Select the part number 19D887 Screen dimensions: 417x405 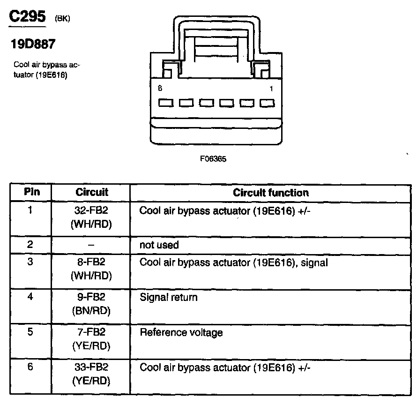pyautogui.click(x=33, y=45)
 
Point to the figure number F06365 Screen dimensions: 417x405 pyautogui.click(x=213, y=159)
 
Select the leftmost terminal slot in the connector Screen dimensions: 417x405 pyautogui.click(x=166, y=103)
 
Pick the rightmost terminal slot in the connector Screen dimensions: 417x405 pyautogui.click(x=267, y=103)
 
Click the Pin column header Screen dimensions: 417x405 pyautogui.click(x=31, y=192)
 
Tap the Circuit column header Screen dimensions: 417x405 pyautogui.click(x=91, y=192)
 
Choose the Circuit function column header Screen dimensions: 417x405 pyautogui.click(x=271, y=193)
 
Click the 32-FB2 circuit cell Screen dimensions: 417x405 pyautogui.click(x=91, y=210)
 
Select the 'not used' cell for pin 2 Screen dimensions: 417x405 pyautogui.click(x=159, y=245)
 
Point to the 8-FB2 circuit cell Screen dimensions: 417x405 pyautogui.click(x=91, y=262)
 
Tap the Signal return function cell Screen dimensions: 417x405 pyautogui.click(x=169, y=297)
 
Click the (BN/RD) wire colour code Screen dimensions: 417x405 pyautogui.click(x=91, y=310)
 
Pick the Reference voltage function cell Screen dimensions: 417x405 pyautogui.click(x=181, y=332)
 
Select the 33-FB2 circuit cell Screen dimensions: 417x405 pyautogui.click(x=91, y=367)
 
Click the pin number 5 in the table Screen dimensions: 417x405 pyautogui.click(x=30, y=332)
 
